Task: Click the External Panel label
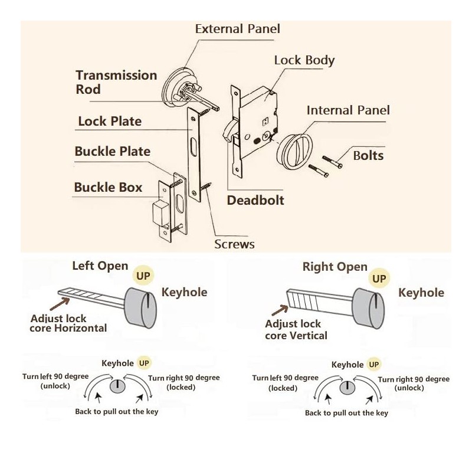point(237,28)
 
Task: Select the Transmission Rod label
point(116,83)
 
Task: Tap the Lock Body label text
point(304,60)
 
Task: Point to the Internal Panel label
point(348,110)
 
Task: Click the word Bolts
point(368,156)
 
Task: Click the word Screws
point(234,244)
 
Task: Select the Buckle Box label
point(108,188)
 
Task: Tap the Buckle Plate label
point(112,152)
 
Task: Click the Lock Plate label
point(110,122)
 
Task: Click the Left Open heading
point(100,265)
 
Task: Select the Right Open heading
point(335,267)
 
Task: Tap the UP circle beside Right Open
point(379,278)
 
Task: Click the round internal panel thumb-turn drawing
point(299,147)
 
